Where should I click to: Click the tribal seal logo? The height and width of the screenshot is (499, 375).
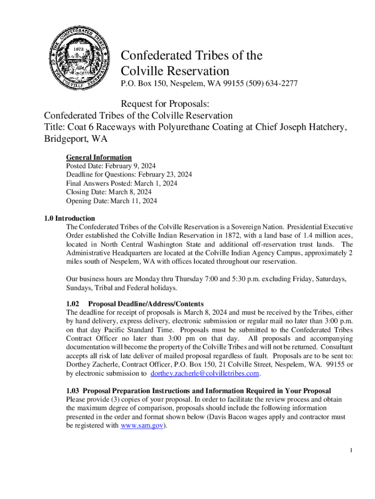(x=80, y=57)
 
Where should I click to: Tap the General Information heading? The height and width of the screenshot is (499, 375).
(x=99, y=157)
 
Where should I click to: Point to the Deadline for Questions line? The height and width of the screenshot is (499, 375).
(x=129, y=175)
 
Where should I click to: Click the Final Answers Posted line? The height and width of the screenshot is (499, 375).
(x=122, y=184)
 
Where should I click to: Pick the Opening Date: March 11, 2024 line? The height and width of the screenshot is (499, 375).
(x=112, y=201)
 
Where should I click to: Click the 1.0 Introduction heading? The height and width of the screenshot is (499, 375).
(x=69, y=218)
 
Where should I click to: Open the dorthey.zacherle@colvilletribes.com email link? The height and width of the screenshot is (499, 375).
(x=205, y=374)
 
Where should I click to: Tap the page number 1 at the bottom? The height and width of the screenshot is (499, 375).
(x=351, y=450)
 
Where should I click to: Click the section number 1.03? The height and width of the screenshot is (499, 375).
(x=73, y=391)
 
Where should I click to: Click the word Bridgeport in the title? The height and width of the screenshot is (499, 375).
(x=66, y=139)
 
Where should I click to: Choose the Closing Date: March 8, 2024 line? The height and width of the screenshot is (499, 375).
(x=109, y=192)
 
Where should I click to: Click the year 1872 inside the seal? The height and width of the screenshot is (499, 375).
(x=80, y=49)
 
